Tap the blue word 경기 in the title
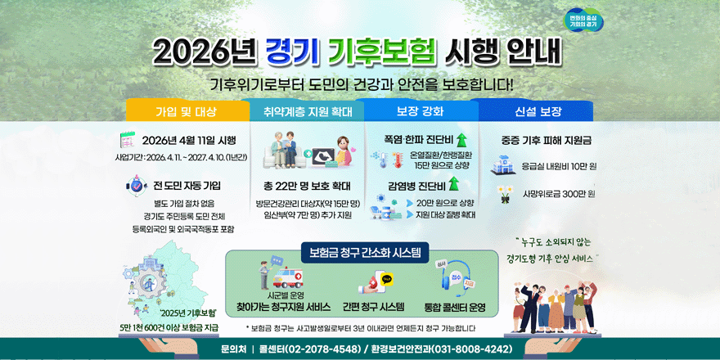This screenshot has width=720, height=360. tap(292, 52)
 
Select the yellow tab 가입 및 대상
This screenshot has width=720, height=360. tap(187, 110)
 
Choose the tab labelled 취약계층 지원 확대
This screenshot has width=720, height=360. tap(308, 110)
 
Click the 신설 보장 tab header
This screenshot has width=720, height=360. tap(538, 110)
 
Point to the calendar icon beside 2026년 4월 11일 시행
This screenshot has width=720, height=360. tap(128, 138)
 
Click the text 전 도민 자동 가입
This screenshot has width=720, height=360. tap(187, 186)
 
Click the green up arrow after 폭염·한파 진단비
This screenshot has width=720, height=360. tap(461, 139)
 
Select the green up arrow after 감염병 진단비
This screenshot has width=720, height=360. tap(452, 183)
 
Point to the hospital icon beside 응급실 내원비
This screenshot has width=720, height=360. tap(500, 166)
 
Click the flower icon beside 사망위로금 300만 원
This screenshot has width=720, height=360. tap(505, 194)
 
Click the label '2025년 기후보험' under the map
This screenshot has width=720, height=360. tap(187, 313)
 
